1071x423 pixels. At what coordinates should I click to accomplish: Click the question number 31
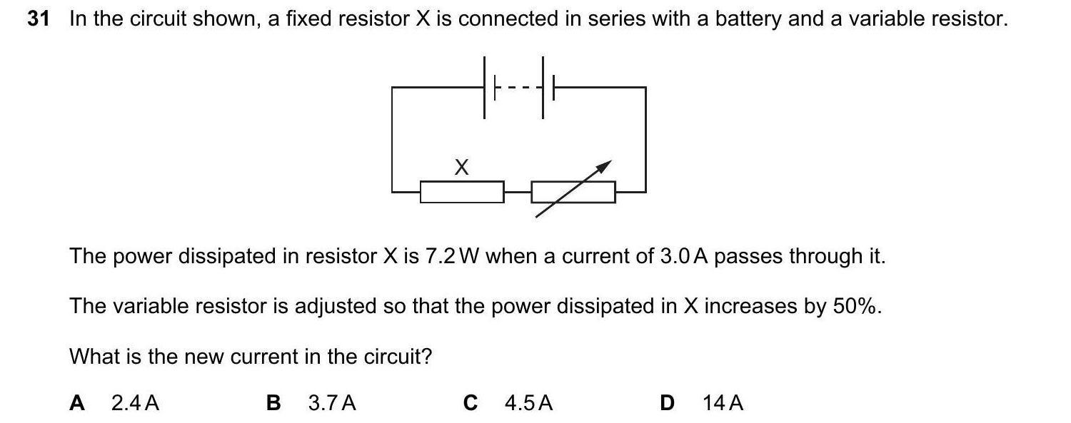(39, 19)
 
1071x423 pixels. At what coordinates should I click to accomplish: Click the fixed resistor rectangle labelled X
(461, 192)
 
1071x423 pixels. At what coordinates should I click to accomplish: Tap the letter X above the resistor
(462, 168)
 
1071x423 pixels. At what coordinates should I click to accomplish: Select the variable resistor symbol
(573, 191)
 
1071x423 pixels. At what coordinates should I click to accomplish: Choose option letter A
(77, 404)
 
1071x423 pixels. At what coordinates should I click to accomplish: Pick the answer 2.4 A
(136, 404)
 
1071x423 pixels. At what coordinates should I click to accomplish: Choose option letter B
(273, 404)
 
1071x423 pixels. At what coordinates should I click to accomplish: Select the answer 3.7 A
(332, 404)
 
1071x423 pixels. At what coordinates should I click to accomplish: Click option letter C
(470, 404)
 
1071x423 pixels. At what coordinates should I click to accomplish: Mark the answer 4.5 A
(528, 404)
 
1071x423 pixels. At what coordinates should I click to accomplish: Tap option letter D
(667, 404)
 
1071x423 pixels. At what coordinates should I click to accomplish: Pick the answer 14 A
(723, 404)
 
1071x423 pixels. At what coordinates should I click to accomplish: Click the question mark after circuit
(428, 356)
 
